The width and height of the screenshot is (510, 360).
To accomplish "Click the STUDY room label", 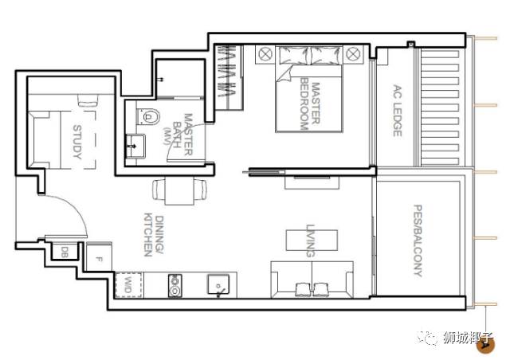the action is click(x=77, y=142).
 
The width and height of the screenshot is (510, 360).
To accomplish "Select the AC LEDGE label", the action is click(x=398, y=111).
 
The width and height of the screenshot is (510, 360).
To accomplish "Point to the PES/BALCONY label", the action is click(x=418, y=241).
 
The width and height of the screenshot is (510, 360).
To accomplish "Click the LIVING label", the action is click(x=311, y=241).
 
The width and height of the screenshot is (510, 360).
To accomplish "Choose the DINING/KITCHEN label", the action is click(x=154, y=234).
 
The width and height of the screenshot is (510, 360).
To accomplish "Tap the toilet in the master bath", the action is click(x=148, y=116).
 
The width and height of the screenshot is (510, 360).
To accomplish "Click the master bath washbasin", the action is click(x=135, y=146).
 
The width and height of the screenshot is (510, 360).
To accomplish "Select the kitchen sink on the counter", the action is click(x=218, y=285).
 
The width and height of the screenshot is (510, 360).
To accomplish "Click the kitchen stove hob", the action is click(x=175, y=285).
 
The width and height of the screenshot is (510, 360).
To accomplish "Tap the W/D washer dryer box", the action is click(x=128, y=285).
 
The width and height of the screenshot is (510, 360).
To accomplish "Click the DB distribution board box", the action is click(x=65, y=251).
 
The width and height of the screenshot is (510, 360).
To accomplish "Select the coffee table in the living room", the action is click(x=312, y=240).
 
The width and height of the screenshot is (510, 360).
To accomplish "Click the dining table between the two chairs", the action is click(x=179, y=190).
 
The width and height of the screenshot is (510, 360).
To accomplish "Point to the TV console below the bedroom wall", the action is click(x=312, y=182).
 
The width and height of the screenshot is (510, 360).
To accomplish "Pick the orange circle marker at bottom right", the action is click(x=485, y=346).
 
